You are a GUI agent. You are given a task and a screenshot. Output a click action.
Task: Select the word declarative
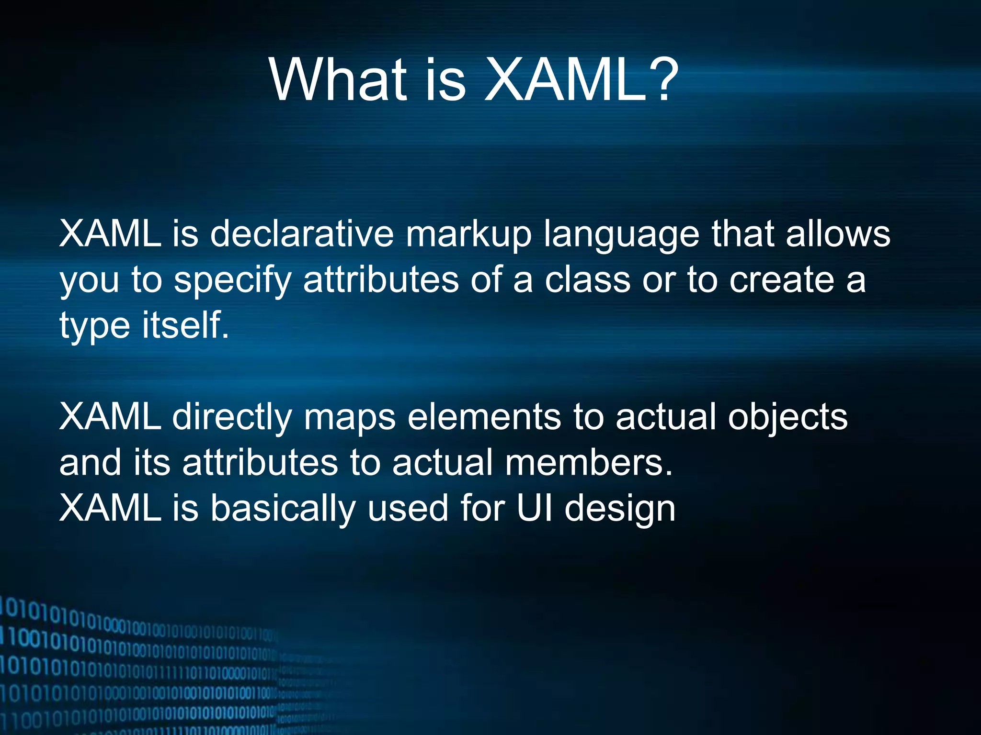(302, 234)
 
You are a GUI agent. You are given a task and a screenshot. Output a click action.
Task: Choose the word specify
(233, 281)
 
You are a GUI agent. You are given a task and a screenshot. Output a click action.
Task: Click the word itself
(185, 325)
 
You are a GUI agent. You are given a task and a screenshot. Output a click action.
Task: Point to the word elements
(484, 417)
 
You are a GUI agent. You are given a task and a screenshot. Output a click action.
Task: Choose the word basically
(283, 509)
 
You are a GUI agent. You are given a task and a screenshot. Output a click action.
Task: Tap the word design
(620, 509)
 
